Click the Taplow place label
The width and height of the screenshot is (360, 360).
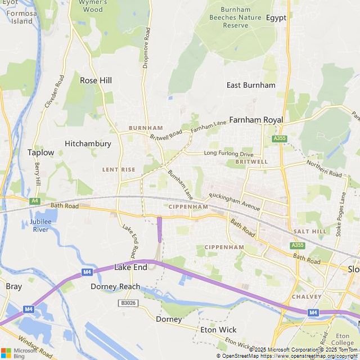41,152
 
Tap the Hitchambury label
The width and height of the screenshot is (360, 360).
88,143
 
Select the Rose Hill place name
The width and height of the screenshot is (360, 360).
96,80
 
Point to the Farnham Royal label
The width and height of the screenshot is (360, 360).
256,120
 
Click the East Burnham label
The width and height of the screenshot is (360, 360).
251,85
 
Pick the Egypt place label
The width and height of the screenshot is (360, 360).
276,17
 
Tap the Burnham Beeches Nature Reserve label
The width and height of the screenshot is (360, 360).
236,17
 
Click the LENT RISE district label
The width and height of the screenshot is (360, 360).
119,169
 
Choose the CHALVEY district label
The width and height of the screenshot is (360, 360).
307,296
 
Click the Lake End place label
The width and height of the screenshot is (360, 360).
130,267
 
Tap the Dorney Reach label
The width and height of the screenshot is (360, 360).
115,286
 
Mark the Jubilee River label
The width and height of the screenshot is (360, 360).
41,226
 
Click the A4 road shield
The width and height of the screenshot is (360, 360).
35,200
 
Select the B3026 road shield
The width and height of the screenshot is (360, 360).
128,303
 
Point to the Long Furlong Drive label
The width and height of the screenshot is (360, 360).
228,153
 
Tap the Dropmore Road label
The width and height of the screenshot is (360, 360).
146,48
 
